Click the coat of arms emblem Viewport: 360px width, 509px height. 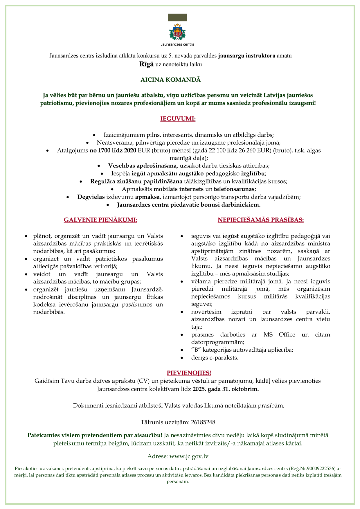pyautogui.click(x=177, y=32)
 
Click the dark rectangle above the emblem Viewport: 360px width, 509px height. pyautogui.click(x=177, y=17)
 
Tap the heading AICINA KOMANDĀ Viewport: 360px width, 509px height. pyautogui.click(x=171, y=80)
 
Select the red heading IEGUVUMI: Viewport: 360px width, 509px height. pyautogui.click(x=178, y=119)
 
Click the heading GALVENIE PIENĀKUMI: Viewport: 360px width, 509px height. pyautogui.click(x=100, y=220)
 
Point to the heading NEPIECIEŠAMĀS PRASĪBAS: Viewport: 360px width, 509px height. pyautogui.click(x=261, y=220)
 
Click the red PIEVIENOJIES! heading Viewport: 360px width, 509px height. pyautogui.click(x=189, y=373)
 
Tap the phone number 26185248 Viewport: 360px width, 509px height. pyautogui.click(x=203, y=422)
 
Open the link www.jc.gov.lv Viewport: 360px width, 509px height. pyautogui.click(x=189, y=456)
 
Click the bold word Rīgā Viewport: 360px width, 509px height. pyautogui.click(x=146, y=64)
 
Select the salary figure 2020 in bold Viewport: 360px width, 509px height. pyautogui.click(x=130, y=150)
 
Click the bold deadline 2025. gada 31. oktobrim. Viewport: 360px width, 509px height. pyautogui.click(x=226, y=389)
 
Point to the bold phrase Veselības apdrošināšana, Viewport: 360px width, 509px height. pyautogui.click(x=143, y=166)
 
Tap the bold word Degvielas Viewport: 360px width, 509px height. pyautogui.click(x=91, y=197)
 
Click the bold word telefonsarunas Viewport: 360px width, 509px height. pyautogui.click(x=234, y=189)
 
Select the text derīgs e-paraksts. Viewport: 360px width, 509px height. pyautogui.click(x=215, y=358)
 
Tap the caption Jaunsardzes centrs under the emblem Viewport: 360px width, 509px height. pyautogui.click(x=177, y=44)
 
